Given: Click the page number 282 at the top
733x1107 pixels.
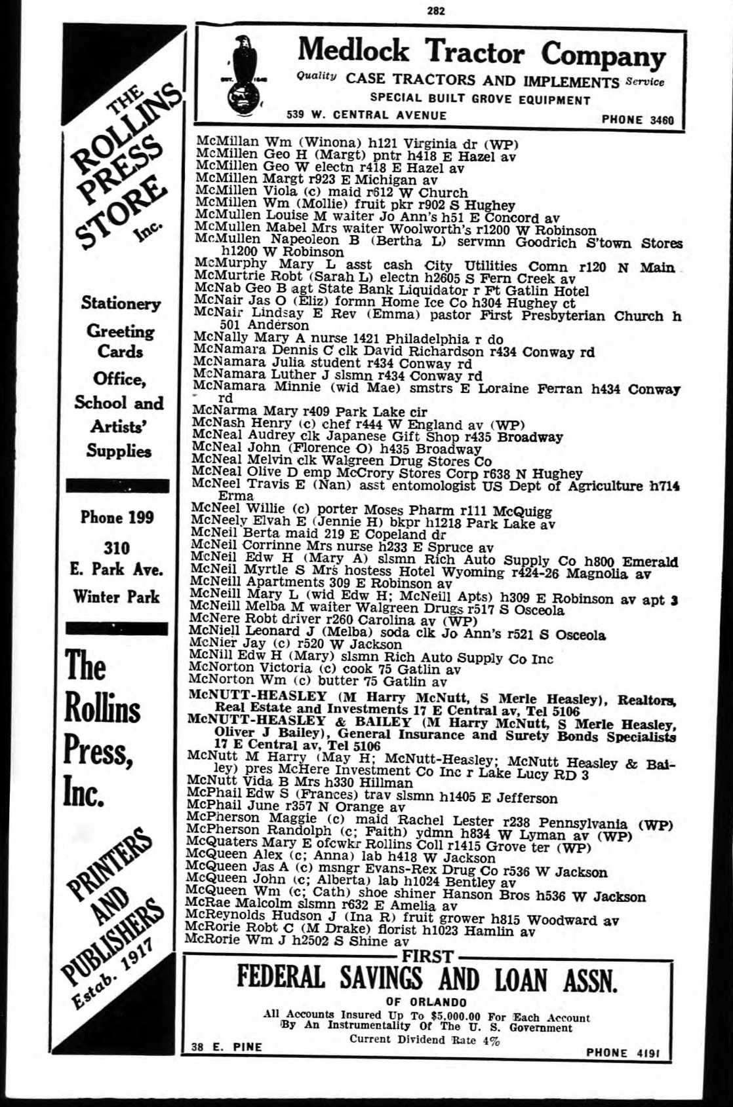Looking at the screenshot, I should coord(435,10).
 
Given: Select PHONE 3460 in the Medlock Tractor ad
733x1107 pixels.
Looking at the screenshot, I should coord(637,120).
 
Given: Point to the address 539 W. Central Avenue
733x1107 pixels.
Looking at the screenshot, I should coord(366,115).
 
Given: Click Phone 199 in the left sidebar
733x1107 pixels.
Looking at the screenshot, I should coord(117,517).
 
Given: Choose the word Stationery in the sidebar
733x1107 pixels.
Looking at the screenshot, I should coord(121,303).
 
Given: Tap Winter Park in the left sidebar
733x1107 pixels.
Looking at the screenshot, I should coord(117,597).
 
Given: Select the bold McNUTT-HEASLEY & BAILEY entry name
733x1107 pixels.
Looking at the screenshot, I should coord(300,722).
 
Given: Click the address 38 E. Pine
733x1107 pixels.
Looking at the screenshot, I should coord(226,1047).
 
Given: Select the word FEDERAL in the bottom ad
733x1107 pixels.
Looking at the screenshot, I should coord(281,978).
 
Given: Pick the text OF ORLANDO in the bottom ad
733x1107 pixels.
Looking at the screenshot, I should coord(426,1002).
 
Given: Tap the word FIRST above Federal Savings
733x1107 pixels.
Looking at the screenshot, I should coord(427,956).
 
